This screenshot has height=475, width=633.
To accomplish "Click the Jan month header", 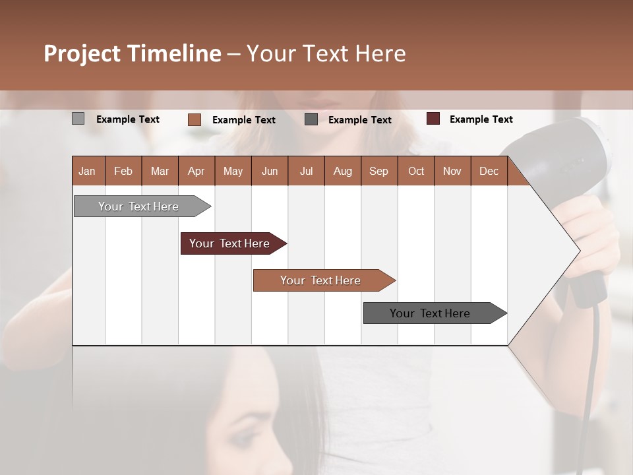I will coord(87,171).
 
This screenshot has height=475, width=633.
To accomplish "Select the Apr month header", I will coord(196,171).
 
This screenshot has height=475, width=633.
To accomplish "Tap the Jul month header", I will coord(306,171).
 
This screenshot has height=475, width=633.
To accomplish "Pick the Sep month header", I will coord(378,171).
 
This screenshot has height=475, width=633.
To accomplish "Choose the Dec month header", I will coord(489,171).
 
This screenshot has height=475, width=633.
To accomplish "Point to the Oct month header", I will coord(416,171).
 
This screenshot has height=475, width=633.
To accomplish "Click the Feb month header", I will coord(123,171).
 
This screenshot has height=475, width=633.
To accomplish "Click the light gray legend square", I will coord(78,119).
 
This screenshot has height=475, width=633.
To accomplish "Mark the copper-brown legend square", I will coord(194,119).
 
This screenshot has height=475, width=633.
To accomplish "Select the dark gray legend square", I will coord(311,119).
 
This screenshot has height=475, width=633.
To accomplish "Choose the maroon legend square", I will coord(433,119).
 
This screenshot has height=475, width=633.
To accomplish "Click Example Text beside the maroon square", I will coord(481,119).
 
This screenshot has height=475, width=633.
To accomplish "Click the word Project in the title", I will coord(82,53).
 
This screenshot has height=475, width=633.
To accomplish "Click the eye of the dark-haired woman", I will coord(245,438).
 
